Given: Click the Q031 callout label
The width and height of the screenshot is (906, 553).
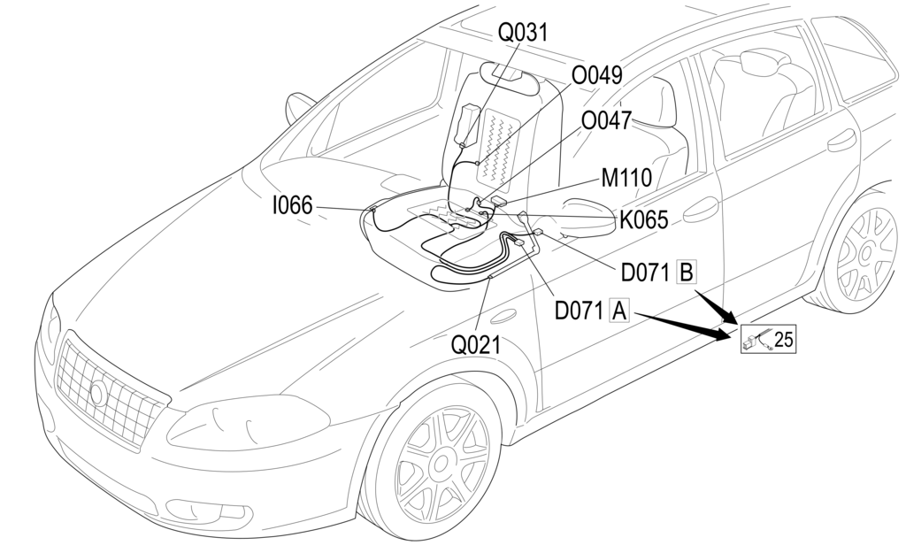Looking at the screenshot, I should pos(523,33).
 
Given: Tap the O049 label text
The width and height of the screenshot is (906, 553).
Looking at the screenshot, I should pos(597,75).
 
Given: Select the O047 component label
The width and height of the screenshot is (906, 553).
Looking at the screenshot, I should pos(606,120).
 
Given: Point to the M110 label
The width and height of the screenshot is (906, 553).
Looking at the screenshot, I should pos(626,177).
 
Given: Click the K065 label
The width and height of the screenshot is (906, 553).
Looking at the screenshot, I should pos(643,219).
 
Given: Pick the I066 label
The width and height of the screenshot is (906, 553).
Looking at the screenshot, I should pos(291,206).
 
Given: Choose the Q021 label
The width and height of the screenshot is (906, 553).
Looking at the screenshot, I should pos(476,345).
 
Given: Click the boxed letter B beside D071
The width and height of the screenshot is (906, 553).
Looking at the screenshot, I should pos(686,272).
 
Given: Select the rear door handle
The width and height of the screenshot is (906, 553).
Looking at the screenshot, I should pos(842,141).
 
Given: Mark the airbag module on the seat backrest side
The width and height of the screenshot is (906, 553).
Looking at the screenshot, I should pos(467,127).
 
